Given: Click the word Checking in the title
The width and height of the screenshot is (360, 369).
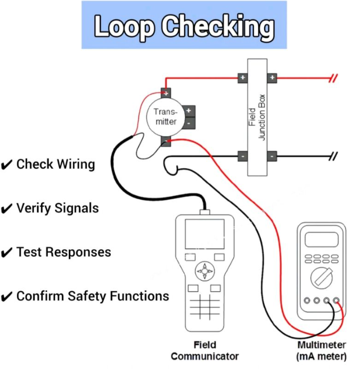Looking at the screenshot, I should (x=218, y=26).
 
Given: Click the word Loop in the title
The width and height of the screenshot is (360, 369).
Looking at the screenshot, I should (x=124, y=26).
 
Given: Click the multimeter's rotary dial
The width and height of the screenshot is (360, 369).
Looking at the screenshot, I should (x=321, y=277).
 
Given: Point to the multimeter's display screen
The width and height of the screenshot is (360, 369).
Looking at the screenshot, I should (x=321, y=240).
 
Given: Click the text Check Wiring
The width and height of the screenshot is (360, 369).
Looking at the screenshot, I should (x=55, y=165).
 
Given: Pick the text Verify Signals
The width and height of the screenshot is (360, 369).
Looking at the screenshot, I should (x=58, y=208).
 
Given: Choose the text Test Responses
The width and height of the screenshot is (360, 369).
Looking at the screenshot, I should (x=63, y=252).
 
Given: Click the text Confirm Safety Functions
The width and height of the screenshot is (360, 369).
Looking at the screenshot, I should (x=93, y=296).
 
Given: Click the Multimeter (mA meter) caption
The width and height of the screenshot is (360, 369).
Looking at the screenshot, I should (x=322, y=351).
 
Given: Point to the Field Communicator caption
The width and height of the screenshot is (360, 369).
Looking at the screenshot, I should (x=204, y=351).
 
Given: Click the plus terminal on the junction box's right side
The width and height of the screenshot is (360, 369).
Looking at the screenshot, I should (x=272, y=78).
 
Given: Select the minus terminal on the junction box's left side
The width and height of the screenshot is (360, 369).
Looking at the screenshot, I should (x=242, y=157).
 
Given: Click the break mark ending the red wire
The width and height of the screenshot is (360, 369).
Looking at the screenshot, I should (x=333, y=78).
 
